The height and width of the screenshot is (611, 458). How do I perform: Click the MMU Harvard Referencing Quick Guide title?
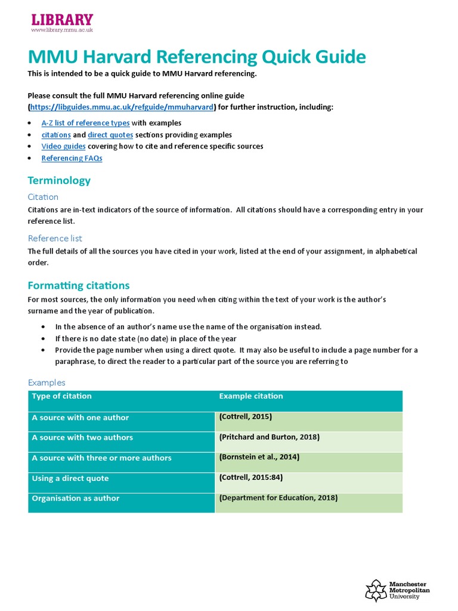(x=197, y=57)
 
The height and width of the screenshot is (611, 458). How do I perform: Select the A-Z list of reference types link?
(x=85, y=123)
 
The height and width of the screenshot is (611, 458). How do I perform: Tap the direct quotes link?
(x=106, y=135)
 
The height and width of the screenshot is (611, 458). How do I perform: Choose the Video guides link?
(x=63, y=146)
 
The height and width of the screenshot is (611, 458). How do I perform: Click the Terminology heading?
(x=59, y=180)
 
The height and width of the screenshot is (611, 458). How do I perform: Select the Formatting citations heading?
(x=78, y=285)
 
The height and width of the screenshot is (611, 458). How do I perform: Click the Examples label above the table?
(x=47, y=382)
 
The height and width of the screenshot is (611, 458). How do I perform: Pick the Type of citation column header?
(x=62, y=396)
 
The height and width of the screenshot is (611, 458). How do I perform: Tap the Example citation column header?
(x=251, y=396)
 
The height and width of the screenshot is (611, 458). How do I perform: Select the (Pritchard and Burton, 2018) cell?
(x=270, y=437)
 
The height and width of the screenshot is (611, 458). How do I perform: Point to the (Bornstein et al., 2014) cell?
(x=259, y=457)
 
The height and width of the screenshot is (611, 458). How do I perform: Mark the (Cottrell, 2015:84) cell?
(x=250, y=478)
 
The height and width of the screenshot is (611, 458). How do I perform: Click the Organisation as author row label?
(x=76, y=498)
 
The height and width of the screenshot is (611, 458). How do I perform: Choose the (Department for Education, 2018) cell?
(x=278, y=498)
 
